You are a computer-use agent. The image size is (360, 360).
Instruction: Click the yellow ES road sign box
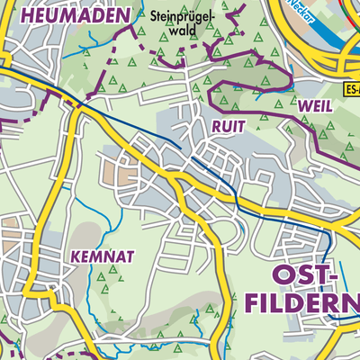352,90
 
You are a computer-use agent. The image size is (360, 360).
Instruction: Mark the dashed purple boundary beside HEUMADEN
135,36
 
